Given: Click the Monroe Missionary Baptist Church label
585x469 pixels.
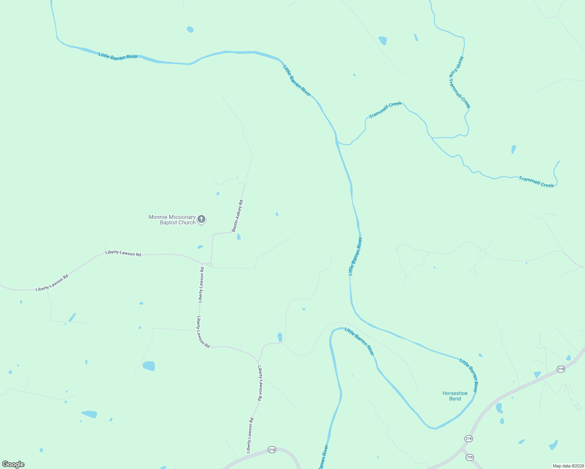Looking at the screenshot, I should click(172, 220).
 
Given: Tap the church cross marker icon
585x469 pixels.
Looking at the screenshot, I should click(201, 219).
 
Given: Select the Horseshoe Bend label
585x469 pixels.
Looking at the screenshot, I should click(455, 396).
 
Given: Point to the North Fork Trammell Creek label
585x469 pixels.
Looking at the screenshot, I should click(459, 82).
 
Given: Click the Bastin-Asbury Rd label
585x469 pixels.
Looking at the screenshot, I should click(237, 216).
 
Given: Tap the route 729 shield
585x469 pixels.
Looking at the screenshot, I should click(470, 457).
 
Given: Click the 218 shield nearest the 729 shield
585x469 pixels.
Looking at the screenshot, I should click(468, 439).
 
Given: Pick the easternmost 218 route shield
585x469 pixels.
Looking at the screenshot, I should click(561, 369).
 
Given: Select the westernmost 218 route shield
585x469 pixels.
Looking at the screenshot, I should click(272, 450).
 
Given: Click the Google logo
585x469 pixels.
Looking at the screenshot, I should click(13, 464).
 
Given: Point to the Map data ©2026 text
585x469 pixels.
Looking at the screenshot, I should click(568, 466).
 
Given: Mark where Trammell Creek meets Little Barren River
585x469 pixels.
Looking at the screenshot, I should click(337, 142).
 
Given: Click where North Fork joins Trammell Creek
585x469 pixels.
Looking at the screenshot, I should click(432, 138).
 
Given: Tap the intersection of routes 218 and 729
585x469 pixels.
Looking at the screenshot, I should click(462, 449).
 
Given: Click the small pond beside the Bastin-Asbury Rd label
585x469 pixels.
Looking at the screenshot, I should click(239, 236).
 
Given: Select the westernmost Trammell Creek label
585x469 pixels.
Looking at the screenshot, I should click(385, 110).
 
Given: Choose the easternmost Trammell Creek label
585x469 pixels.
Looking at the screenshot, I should click(536, 182).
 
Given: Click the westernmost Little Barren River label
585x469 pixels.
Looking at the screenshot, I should click(118, 56).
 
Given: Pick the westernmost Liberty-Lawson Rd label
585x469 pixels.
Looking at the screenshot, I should click(52, 283).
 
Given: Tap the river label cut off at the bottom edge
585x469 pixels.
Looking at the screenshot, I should click(323, 457).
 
